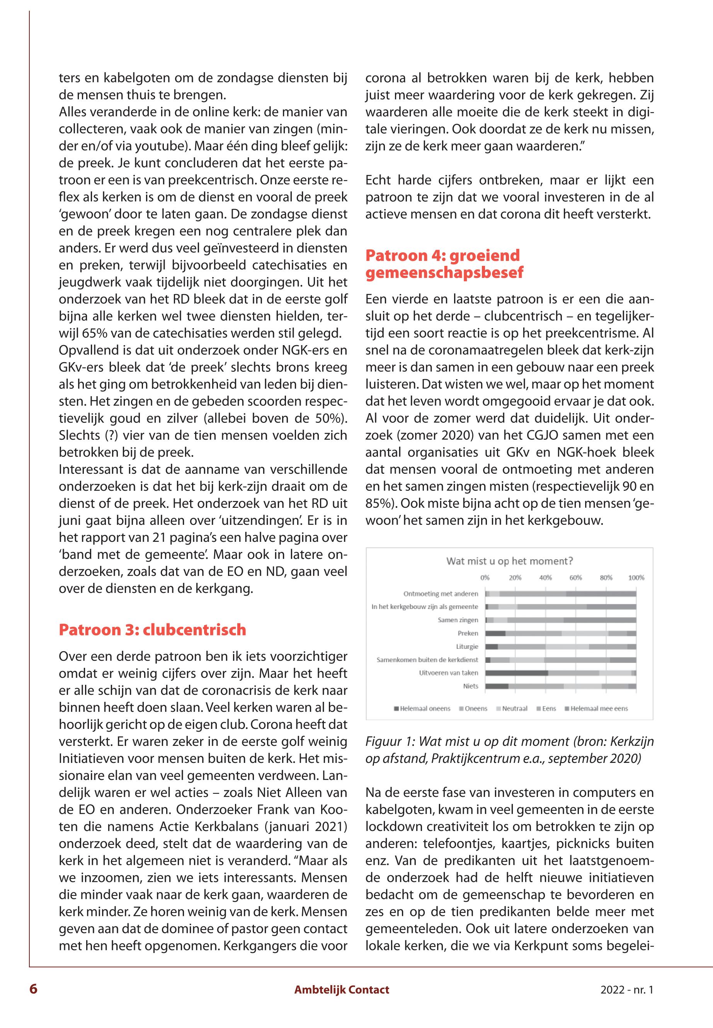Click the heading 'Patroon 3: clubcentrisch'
pos(152,630)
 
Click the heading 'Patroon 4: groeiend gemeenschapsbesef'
pos(444,264)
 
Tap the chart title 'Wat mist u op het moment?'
pos(509,561)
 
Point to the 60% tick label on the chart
pos(575,578)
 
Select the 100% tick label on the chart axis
pos(636,578)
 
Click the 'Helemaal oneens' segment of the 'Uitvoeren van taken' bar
pos(516,673)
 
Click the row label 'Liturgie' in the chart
pos(467,647)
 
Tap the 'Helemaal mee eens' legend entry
pos(599,708)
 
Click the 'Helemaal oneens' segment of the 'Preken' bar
pos(495,633)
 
